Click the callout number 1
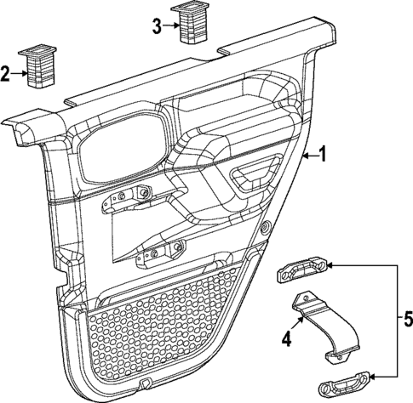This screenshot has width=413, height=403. [322, 155]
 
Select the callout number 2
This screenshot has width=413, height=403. [6, 74]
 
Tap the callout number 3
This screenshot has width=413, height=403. [156, 26]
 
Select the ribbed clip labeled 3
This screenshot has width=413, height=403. [189, 22]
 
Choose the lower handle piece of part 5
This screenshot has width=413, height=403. [345, 383]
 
